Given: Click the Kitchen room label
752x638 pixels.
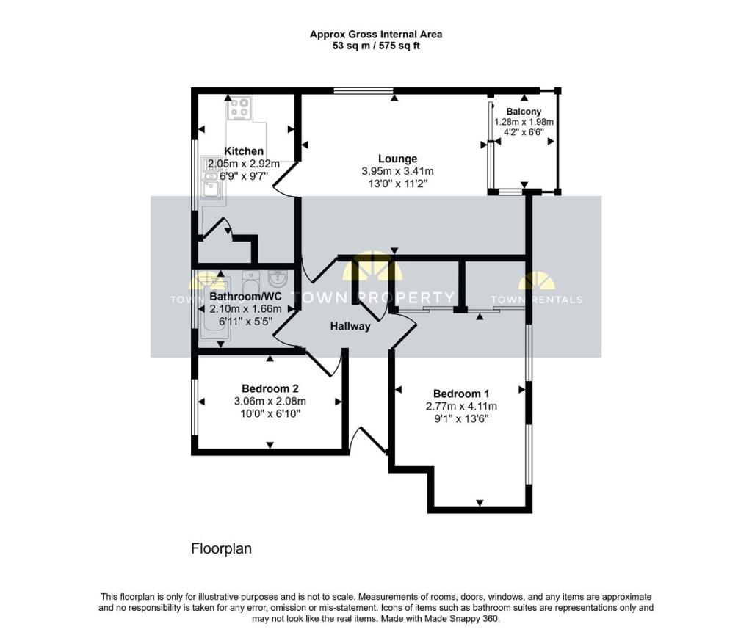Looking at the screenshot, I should (244, 151).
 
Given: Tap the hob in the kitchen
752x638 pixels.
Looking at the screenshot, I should (239, 108).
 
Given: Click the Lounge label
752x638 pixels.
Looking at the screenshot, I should (397, 159).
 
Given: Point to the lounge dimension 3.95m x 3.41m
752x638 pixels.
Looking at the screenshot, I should (397, 171).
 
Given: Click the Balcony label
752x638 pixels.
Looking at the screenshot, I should (524, 112).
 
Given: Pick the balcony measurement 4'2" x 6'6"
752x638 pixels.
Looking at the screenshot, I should (524, 132).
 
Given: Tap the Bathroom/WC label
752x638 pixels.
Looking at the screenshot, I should (245, 297).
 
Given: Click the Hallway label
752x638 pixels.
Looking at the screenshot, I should (350, 326).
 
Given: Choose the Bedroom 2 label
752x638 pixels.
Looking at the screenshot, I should (270, 388).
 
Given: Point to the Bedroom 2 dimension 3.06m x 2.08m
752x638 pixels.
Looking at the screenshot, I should (270, 401).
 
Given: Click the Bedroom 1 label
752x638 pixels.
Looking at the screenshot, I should (460, 393).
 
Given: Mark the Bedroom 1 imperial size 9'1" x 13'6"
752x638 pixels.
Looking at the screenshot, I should (460, 418).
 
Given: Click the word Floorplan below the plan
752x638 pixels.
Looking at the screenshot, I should (221, 548).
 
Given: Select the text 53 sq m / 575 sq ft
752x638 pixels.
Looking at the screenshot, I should (375, 46).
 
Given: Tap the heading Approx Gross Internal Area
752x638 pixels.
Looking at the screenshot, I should (375, 34).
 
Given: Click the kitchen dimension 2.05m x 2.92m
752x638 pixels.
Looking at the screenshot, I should (244, 164).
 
